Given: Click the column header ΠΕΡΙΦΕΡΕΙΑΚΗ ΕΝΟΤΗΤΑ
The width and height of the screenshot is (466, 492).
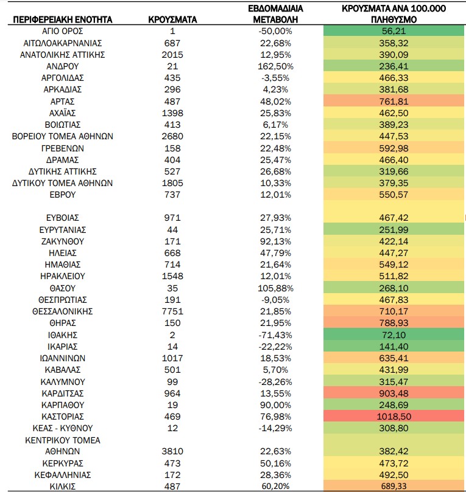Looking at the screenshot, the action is [x=63, y=20].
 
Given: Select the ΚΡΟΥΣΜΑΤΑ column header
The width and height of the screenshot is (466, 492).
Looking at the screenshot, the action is [x=172, y=20].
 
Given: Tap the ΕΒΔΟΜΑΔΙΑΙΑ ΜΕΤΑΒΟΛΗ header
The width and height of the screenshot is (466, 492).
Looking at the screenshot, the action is [x=275, y=14].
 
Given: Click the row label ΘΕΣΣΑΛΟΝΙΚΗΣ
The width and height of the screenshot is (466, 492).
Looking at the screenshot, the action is [x=63, y=311].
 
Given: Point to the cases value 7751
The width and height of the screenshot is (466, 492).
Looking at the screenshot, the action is [x=172, y=311].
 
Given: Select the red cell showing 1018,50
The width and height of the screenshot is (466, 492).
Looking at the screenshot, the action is [x=394, y=417].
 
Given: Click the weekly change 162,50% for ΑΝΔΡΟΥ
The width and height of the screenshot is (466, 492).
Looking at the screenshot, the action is [x=275, y=66].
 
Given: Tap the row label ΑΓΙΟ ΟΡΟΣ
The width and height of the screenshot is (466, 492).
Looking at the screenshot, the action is [x=63, y=32].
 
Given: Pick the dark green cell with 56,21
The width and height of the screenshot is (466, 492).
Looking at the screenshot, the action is [x=394, y=31].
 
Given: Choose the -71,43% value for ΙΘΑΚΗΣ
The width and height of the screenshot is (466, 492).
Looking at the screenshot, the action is [x=275, y=335].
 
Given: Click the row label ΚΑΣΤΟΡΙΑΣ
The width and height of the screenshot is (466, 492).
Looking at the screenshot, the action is [x=63, y=417].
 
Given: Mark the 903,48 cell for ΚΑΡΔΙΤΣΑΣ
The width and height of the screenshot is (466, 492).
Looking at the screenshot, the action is [x=394, y=393].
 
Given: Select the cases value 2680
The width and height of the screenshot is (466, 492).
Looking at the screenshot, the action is [x=172, y=136].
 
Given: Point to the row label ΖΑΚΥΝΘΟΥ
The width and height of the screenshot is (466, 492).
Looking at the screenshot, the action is [x=63, y=241].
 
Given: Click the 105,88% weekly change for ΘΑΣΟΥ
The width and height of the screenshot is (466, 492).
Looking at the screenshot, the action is [x=275, y=288].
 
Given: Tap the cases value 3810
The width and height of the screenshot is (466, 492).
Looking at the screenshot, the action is [x=172, y=451].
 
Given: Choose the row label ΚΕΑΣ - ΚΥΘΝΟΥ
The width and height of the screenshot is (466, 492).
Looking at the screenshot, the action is [x=63, y=428].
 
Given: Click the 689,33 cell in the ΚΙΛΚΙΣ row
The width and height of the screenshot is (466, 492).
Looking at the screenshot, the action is [x=394, y=486].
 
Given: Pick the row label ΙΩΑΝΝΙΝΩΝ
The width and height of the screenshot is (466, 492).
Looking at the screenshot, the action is [x=63, y=358].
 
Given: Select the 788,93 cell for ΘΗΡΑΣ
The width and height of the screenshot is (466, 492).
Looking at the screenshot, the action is [x=394, y=323].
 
